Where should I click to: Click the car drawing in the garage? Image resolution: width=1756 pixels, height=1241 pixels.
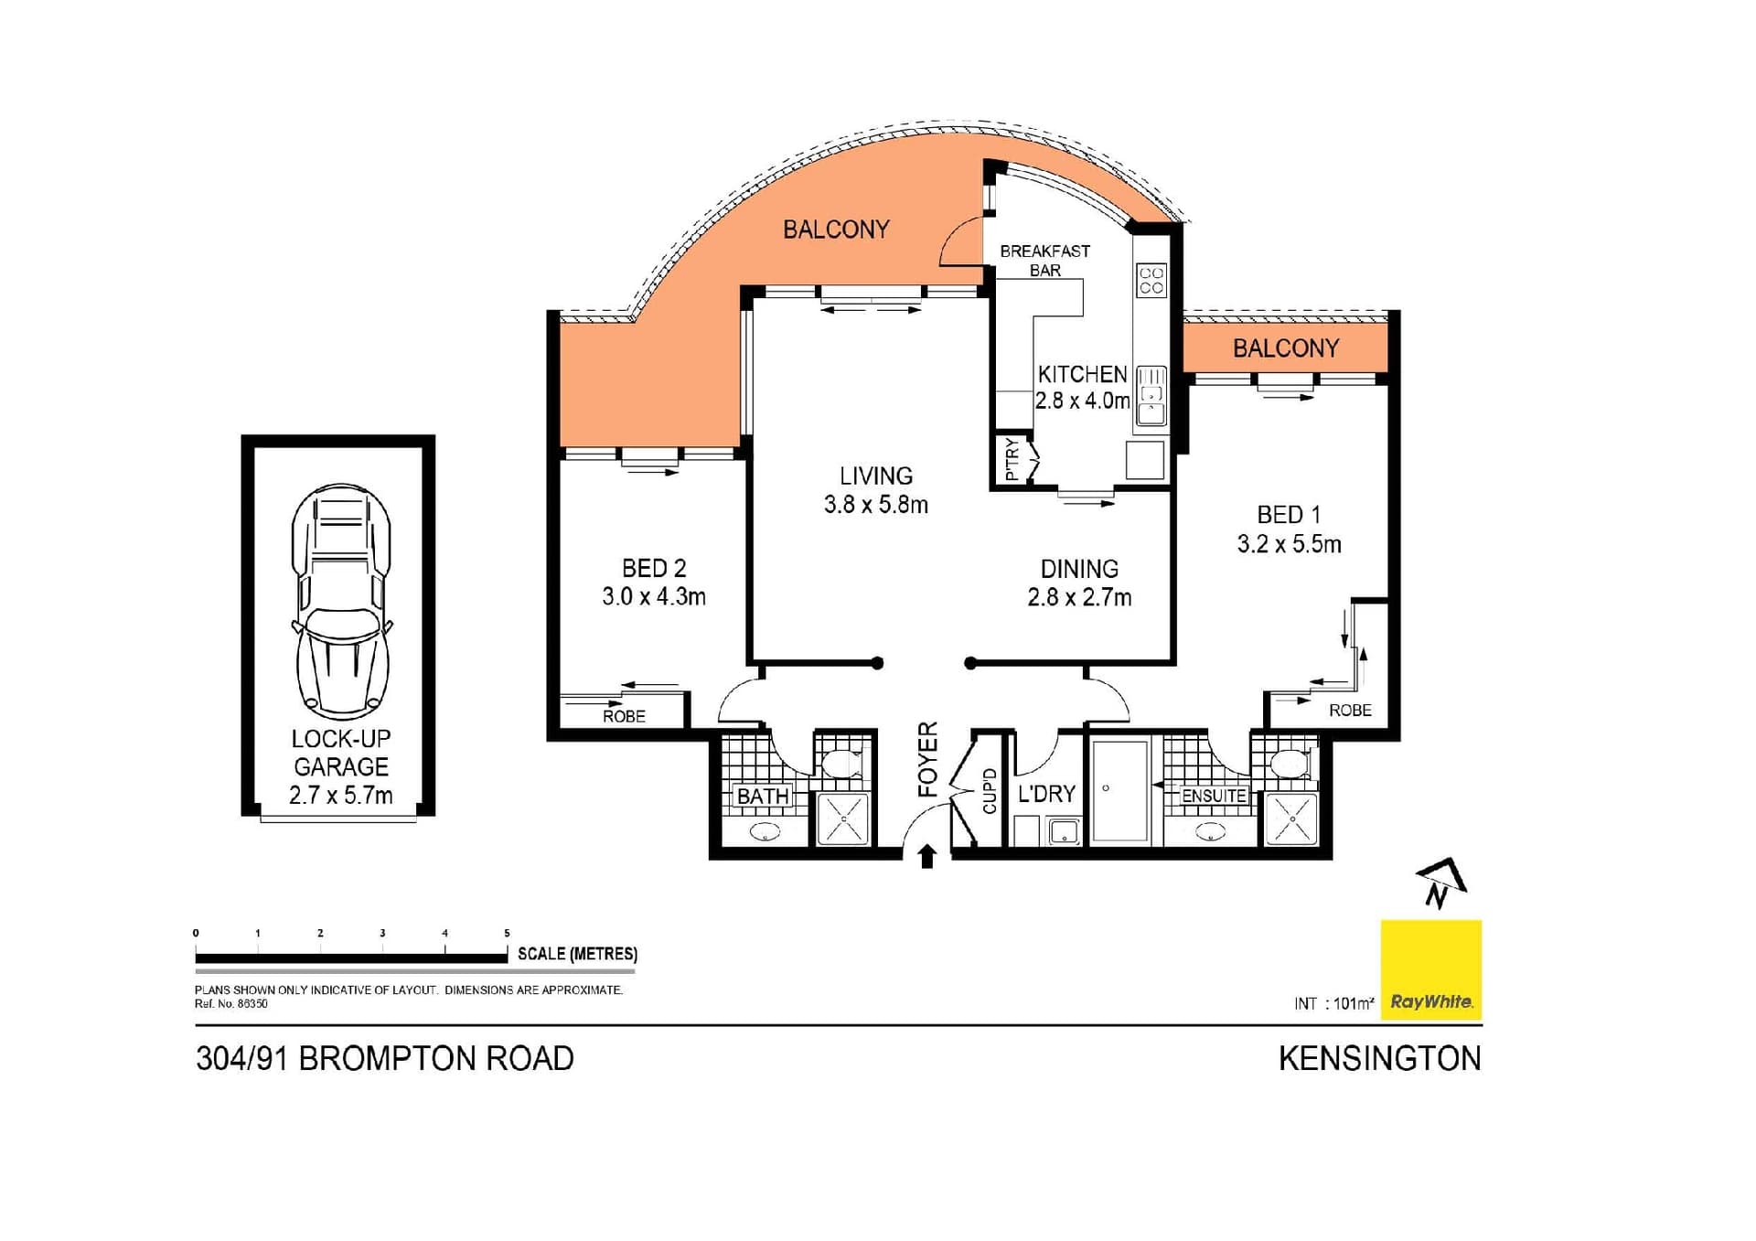[x=341, y=601]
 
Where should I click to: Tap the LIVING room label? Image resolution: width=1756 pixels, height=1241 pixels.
[x=875, y=476]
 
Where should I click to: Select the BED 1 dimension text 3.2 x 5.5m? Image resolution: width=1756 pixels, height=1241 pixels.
[x=1289, y=544]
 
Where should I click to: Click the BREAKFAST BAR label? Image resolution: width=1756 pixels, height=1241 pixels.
[x=1044, y=260]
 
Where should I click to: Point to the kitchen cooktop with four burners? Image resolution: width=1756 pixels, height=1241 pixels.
[x=1151, y=281]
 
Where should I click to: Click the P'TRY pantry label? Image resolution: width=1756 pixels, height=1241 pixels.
[x=1011, y=459]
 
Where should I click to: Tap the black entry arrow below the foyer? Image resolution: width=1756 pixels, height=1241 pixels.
[x=926, y=857]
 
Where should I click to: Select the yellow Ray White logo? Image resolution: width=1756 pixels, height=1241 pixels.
[x=1430, y=969]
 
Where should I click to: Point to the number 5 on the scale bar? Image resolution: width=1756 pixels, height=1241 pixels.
[x=507, y=933]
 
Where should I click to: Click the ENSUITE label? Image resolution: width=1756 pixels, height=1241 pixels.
[x=1214, y=796]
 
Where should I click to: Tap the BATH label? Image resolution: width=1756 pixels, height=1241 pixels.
[x=763, y=796]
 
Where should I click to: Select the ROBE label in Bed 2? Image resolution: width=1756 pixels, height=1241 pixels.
[x=624, y=716]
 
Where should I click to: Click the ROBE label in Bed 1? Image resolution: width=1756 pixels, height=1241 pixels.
[x=1349, y=710]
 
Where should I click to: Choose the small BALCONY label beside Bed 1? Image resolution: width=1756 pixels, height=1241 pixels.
[x=1285, y=348]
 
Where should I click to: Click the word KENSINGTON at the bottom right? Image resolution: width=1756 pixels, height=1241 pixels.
[x=1379, y=1058]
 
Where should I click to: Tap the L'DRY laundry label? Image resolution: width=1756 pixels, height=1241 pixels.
[x=1046, y=793]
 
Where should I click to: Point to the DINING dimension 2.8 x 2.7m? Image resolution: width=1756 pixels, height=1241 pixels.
[x=1079, y=597]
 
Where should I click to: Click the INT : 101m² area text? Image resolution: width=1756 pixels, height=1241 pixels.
[x=1333, y=1003]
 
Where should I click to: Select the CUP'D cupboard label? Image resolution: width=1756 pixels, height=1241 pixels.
[x=989, y=791]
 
